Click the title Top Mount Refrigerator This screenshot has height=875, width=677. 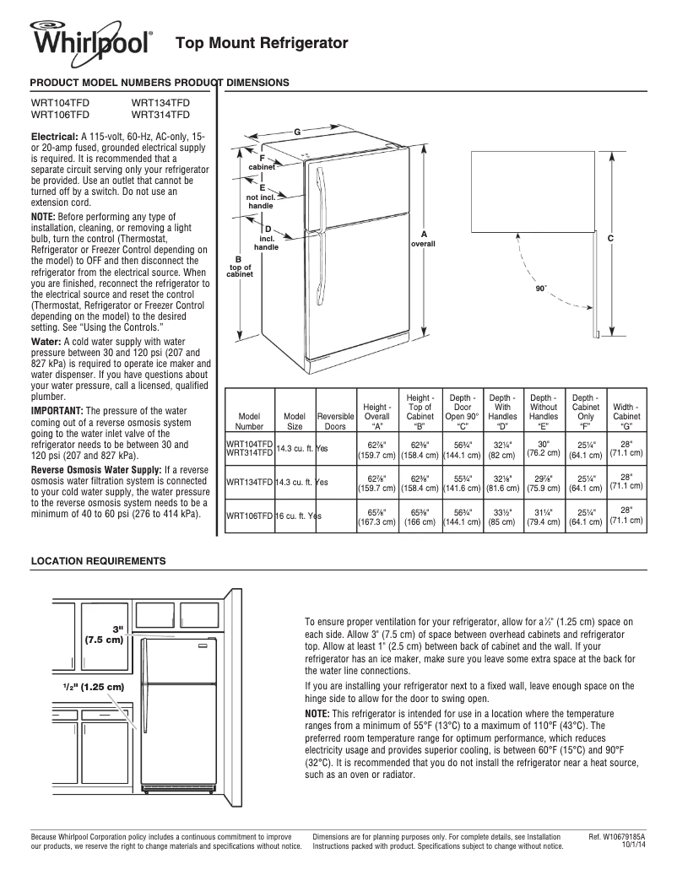(261, 42)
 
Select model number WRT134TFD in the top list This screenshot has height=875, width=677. (160, 102)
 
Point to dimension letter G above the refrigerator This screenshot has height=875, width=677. (297, 132)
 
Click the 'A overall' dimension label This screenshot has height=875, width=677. (423, 239)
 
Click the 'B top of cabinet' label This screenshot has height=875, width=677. (240, 267)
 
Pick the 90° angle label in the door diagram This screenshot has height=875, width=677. (541, 289)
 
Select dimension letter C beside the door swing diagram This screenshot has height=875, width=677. (609, 239)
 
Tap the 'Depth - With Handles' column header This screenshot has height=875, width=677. (502, 407)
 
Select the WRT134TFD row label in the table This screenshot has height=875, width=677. (249, 482)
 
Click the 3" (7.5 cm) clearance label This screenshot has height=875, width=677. (106, 634)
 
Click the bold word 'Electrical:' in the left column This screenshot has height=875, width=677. (55, 136)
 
